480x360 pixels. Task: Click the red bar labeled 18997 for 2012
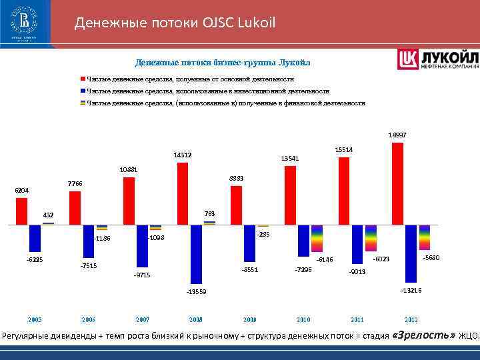(397, 183)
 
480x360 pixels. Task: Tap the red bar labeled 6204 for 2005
(21, 211)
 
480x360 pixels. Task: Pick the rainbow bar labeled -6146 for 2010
(317, 239)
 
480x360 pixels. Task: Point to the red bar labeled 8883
(236, 205)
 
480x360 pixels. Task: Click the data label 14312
(183, 155)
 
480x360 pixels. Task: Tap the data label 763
(209, 213)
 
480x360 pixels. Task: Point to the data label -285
(263, 235)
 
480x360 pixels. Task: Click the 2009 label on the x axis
(249, 319)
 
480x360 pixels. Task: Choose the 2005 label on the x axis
(34, 319)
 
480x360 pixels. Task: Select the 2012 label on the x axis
(411, 319)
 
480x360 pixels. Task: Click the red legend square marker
(83, 79)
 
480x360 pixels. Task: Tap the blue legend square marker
(83, 91)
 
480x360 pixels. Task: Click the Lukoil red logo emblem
(407, 59)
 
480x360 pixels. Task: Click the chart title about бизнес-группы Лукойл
(223, 63)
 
